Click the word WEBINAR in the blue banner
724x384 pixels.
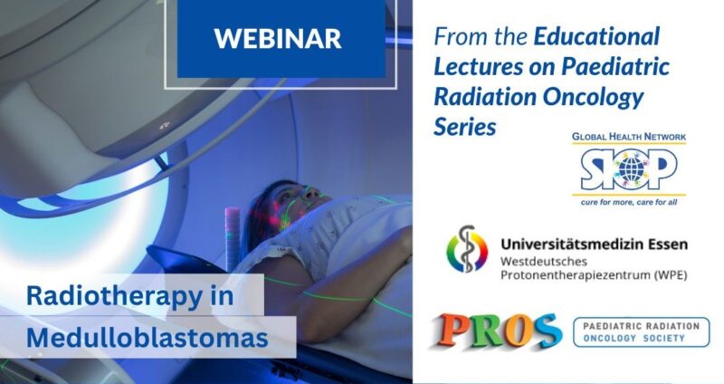(x=277, y=38)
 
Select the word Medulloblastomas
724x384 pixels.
(x=148, y=338)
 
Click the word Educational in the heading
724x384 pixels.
(x=596, y=38)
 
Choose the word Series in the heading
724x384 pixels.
(x=465, y=127)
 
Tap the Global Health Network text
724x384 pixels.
(x=629, y=137)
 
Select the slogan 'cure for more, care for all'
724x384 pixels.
(x=629, y=201)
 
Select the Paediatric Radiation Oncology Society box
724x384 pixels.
(x=642, y=331)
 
